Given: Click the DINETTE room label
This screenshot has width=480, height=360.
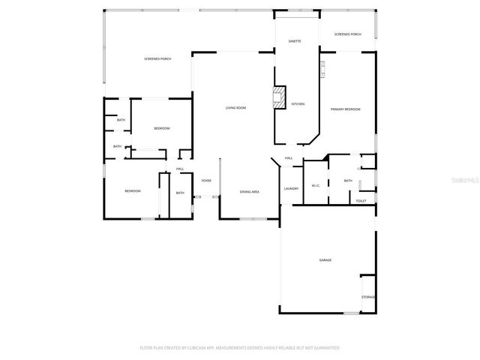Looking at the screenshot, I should pyautogui.click(x=295, y=41).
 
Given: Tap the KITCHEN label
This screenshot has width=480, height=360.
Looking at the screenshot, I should pyautogui.click(x=298, y=104).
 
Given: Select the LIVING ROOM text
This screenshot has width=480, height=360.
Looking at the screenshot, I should pyautogui.click(x=235, y=108).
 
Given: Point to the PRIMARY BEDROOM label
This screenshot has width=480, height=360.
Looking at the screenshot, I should pyautogui.click(x=346, y=109).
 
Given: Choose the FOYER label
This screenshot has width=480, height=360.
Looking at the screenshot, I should pyautogui.click(x=206, y=181).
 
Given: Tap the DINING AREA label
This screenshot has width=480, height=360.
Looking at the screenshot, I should pyautogui.click(x=250, y=193).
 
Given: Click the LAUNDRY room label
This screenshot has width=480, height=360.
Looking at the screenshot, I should pyautogui.click(x=291, y=188).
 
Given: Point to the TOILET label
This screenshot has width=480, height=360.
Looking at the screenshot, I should pyautogui.click(x=361, y=201).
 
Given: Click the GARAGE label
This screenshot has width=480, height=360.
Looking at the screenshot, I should pyautogui.click(x=325, y=260).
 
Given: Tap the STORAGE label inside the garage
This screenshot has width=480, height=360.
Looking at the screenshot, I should pyautogui.click(x=368, y=297).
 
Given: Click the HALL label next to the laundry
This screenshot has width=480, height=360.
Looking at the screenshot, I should pyautogui.click(x=288, y=157).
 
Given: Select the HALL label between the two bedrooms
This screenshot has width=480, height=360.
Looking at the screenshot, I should pyautogui.click(x=180, y=169).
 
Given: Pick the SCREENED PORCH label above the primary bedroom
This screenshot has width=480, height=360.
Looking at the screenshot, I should pyautogui.click(x=347, y=34).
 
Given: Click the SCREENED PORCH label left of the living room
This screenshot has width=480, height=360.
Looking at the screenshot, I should pyautogui.click(x=157, y=58).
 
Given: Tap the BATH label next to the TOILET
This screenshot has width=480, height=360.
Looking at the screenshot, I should pyautogui.click(x=348, y=181).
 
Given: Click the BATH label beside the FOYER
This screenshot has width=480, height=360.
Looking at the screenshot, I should pyautogui.click(x=180, y=193).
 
